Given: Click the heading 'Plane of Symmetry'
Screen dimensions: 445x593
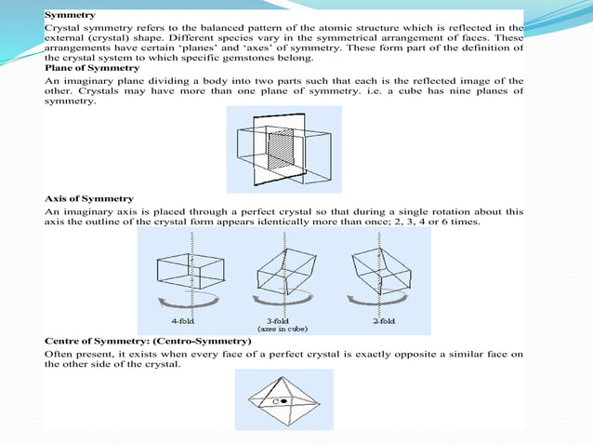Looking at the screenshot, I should (x=92, y=68).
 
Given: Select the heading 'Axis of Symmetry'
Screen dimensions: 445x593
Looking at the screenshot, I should (x=89, y=198).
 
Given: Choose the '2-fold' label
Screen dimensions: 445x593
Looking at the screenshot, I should (x=383, y=319).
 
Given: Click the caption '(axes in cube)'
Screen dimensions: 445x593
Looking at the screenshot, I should (x=283, y=329).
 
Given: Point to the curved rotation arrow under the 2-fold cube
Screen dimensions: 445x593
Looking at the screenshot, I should (x=377, y=301).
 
